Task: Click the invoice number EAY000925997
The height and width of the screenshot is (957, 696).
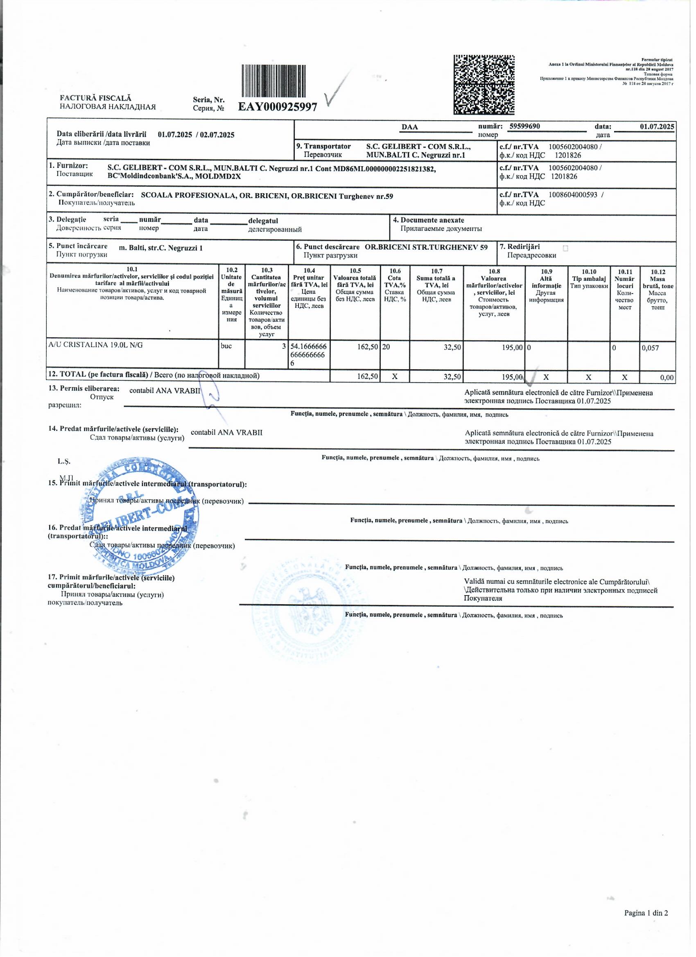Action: coord(278,107)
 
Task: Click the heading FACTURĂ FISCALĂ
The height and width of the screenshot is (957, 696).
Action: coord(95,98)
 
